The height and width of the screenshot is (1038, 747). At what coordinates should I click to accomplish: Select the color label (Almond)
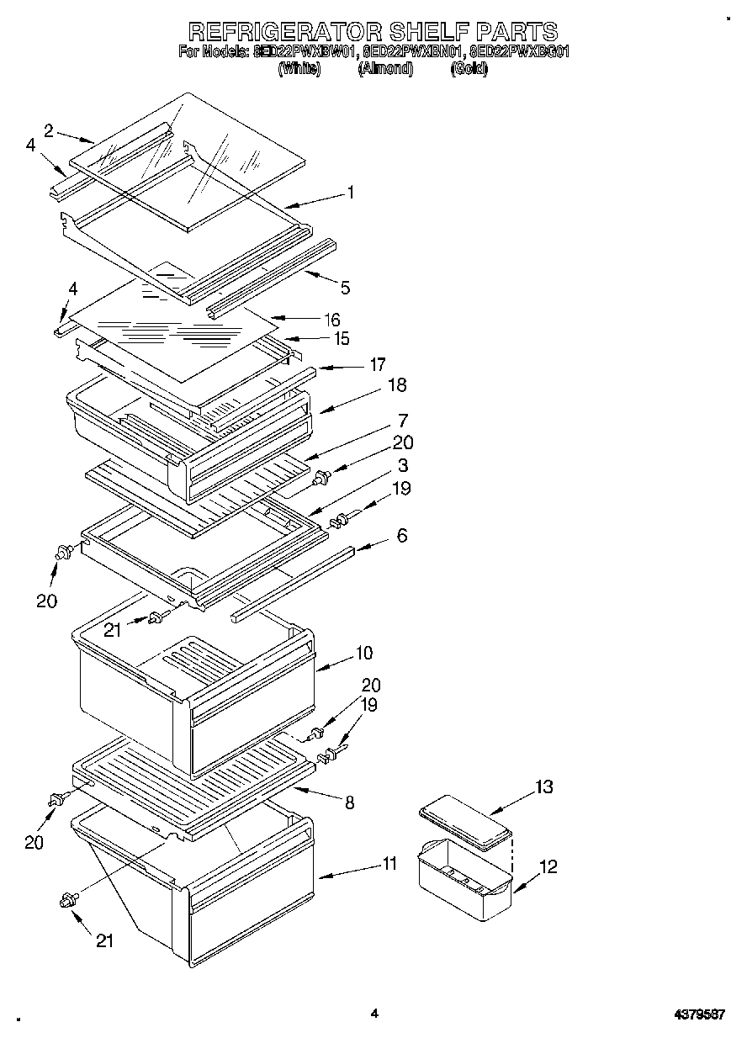pyautogui.click(x=386, y=69)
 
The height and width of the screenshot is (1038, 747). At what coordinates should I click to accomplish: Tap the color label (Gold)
pyautogui.click(x=469, y=69)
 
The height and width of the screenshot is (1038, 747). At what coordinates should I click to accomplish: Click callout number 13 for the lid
pyautogui.click(x=544, y=786)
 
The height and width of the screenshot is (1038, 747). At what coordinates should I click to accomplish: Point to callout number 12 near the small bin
pyautogui.click(x=548, y=866)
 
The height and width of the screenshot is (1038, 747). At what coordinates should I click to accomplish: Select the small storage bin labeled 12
pyautogui.click(x=464, y=876)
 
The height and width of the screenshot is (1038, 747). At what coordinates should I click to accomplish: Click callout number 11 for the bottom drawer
pyautogui.click(x=389, y=862)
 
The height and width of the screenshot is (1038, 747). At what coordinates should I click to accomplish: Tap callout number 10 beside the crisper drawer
pyautogui.click(x=364, y=653)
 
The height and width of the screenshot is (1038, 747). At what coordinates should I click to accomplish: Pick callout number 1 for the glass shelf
pyautogui.click(x=351, y=193)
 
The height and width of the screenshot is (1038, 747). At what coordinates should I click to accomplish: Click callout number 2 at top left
pyautogui.click(x=49, y=130)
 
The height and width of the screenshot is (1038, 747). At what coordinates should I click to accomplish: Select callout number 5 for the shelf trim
pyautogui.click(x=346, y=289)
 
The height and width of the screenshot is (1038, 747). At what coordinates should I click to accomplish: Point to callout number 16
pyautogui.click(x=333, y=319)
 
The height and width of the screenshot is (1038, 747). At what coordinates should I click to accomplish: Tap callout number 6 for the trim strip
pyautogui.click(x=402, y=535)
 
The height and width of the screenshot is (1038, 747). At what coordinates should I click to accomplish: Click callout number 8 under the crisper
pyautogui.click(x=348, y=802)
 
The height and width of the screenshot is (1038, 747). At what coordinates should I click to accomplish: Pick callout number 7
pyautogui.click(x=404, y=420)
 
